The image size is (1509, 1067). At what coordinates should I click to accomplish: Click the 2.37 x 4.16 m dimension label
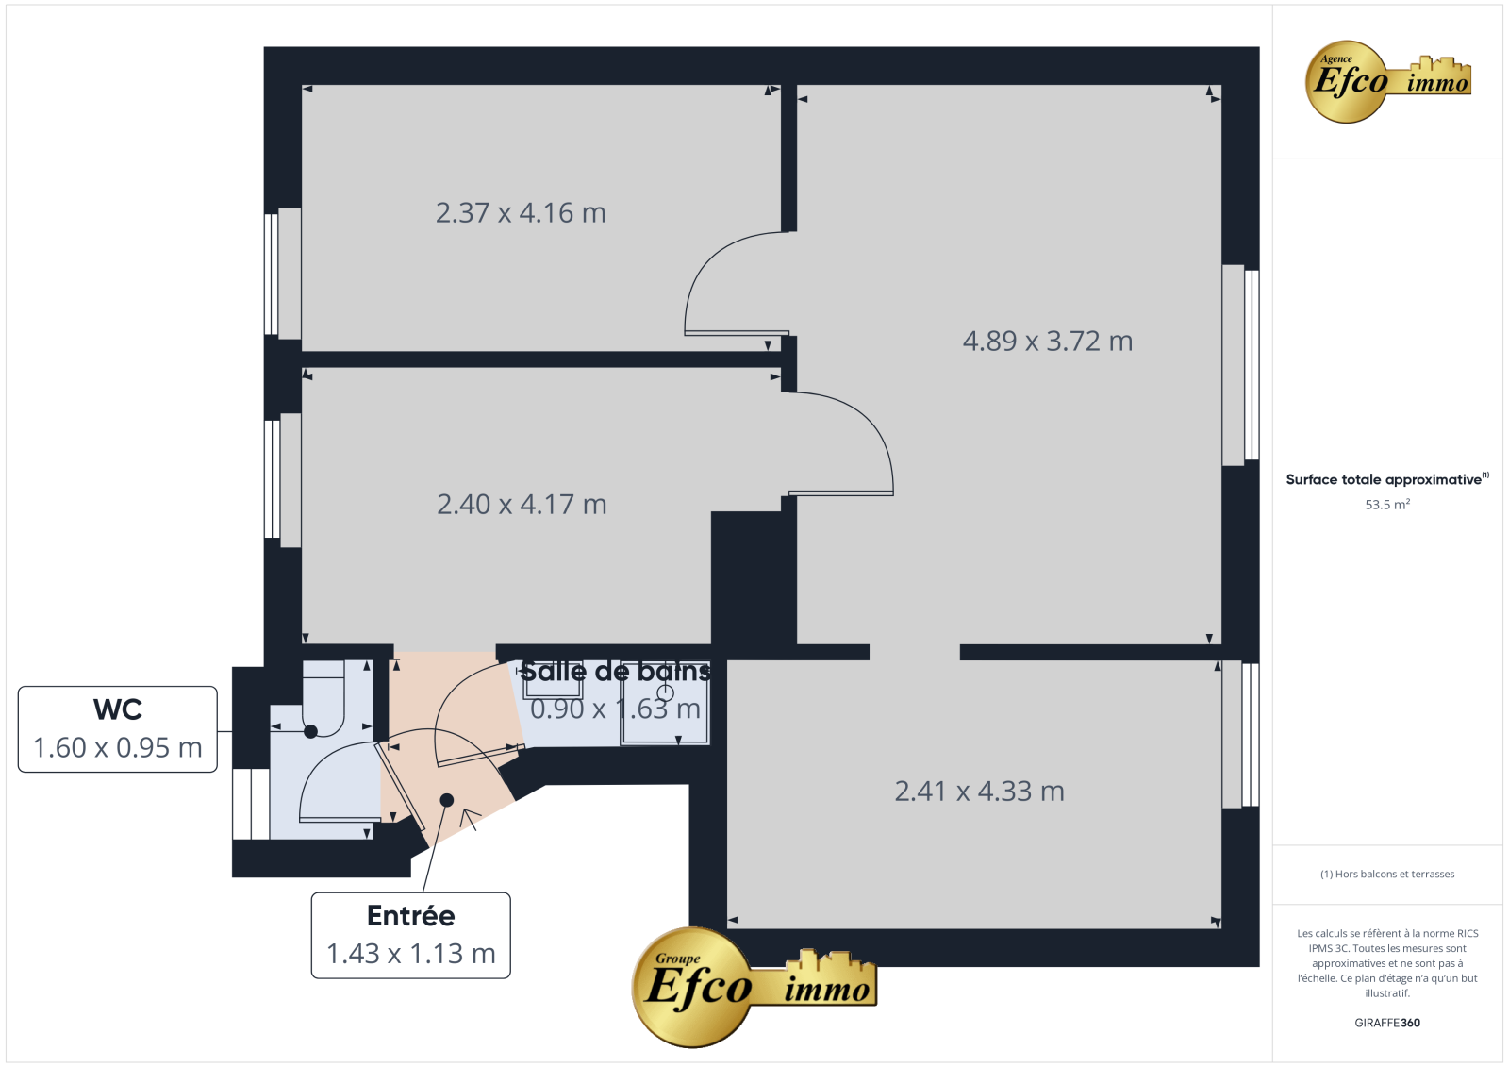pyautogui.click(x=520, y=213)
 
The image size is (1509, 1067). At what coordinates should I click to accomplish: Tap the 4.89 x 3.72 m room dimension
pyautogui.click(x=1048, y=342)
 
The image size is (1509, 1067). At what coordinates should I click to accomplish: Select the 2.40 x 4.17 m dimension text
pyautogui.click(x=522, y=504)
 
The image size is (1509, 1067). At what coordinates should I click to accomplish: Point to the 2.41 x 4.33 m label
pyautogui.click(x=980, y=792)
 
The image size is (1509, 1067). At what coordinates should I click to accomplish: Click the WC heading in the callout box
pyautogui.click(x=118, y=709)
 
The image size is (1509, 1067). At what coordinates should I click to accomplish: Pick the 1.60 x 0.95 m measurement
pyautogui.click(x=118, y=747)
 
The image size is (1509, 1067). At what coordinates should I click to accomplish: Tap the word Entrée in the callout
pyautogui.click(x=411, y=916)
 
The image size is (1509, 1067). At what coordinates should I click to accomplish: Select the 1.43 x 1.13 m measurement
pyautogui.click(x=411, y=954)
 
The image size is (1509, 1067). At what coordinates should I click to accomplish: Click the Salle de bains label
pyautogui.click(x=616, y=672)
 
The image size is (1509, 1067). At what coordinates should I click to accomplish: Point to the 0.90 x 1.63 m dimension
pyautogui.click(x=616, y=709)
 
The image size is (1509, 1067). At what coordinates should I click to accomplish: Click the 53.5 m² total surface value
pyautogui.click(x=1387, y=504)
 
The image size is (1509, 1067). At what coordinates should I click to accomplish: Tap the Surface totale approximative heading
pyautogui.click(x=1387, y=479)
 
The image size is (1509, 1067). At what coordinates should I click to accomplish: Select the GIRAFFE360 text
pyautogui.click(x=1387, y=1023)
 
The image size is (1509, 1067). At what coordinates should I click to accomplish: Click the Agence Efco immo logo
pyautogui.click(x=1387, y=81)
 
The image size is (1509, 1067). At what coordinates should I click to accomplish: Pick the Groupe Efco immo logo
pyautogui.click(x=754, y=988)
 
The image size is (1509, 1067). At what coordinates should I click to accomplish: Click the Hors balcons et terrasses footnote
pyautogui.click(x=1387, y=875)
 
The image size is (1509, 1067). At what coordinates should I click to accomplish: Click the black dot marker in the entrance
pyautogui.click(x=447, y=800)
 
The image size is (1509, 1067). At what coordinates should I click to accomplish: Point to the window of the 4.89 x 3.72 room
pyautogui.click(x=1240, y=365)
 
